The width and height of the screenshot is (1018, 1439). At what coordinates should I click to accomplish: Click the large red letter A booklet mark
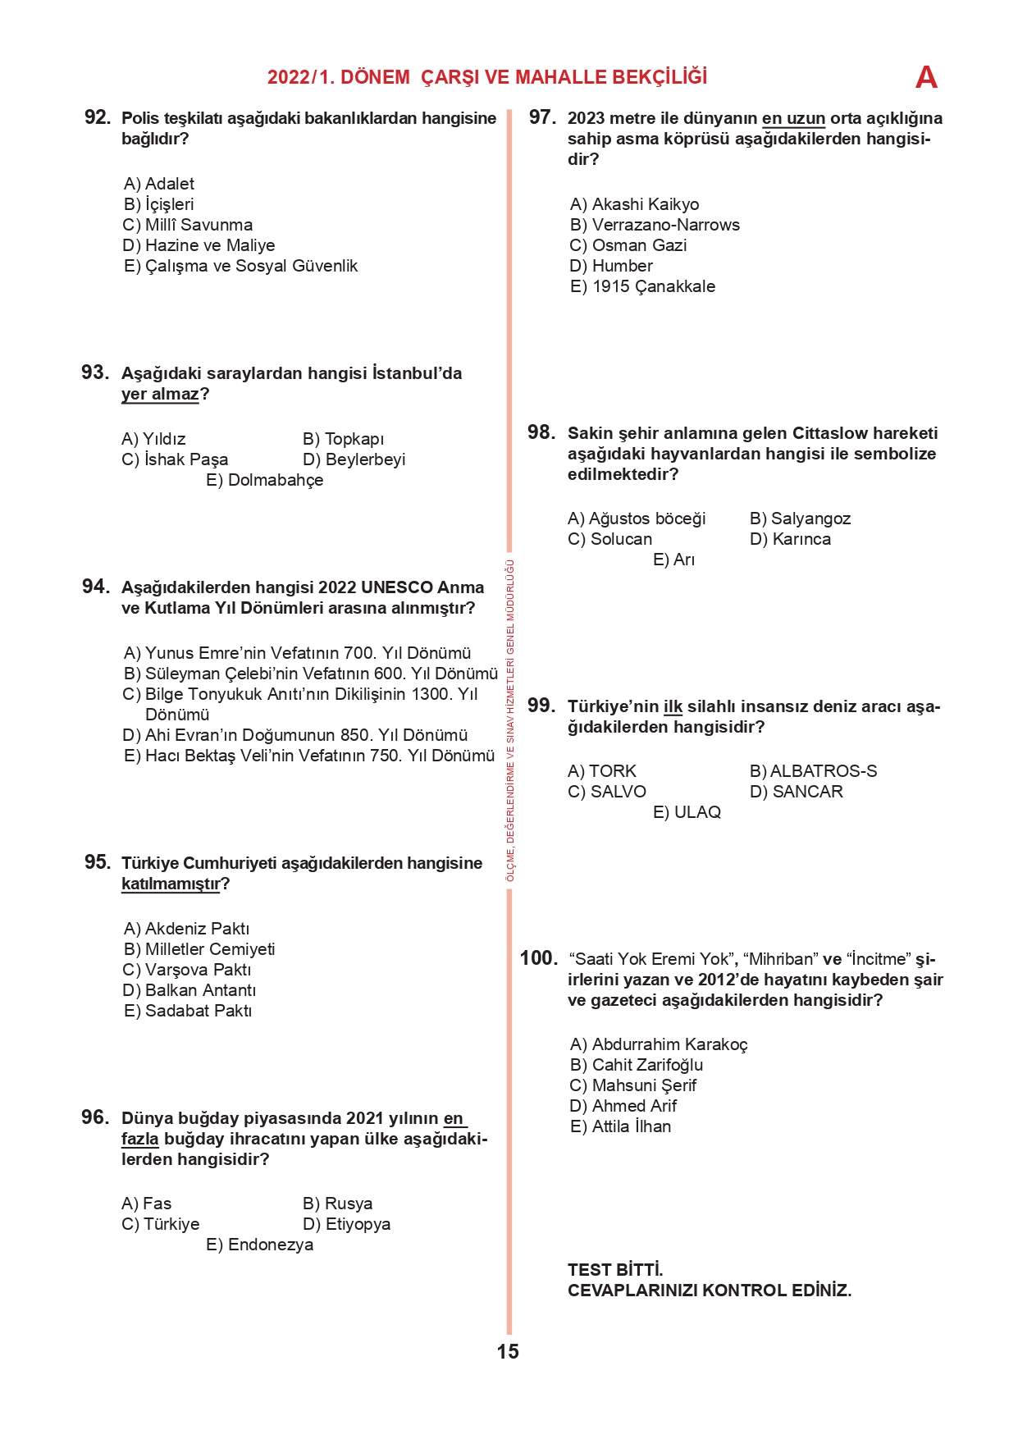coord(926,78)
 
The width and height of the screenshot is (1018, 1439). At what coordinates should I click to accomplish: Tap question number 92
coord(97,117)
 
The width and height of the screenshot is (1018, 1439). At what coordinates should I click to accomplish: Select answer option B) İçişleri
coord(159,204)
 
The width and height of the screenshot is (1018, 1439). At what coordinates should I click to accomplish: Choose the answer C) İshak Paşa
coord(175,459)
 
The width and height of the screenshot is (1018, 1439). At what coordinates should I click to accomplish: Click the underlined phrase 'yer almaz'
coord(160,395)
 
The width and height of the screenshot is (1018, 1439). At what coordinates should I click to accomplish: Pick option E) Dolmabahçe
coord(265,480)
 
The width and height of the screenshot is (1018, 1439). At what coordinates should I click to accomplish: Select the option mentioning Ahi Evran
coord(295,735)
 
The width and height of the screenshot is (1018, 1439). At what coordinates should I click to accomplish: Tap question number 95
coord(97,862)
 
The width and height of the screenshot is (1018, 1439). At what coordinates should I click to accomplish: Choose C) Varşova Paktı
coord(187,970)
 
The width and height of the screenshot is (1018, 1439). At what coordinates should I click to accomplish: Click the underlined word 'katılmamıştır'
coord(171,884)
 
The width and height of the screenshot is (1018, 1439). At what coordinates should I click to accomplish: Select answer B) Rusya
coord(338,1204)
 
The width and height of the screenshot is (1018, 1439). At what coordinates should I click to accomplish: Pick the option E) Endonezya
coord(260,1245)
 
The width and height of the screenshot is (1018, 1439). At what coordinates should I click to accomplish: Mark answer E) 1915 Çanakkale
coord(642,286)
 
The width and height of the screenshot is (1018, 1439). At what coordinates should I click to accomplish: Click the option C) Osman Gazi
coord(628,245)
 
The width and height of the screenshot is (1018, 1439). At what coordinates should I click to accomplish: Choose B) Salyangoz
coord(800,518)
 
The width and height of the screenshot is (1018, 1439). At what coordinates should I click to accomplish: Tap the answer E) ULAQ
coord(687,812)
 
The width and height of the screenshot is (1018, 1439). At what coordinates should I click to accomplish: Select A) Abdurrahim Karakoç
coord(659,1044)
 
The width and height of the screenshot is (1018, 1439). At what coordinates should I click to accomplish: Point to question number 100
coord(538,958)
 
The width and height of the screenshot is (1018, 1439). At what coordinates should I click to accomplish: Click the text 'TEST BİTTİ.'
coord(615,1270)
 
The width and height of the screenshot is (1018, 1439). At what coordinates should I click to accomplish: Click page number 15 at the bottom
coord(508,1352)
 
